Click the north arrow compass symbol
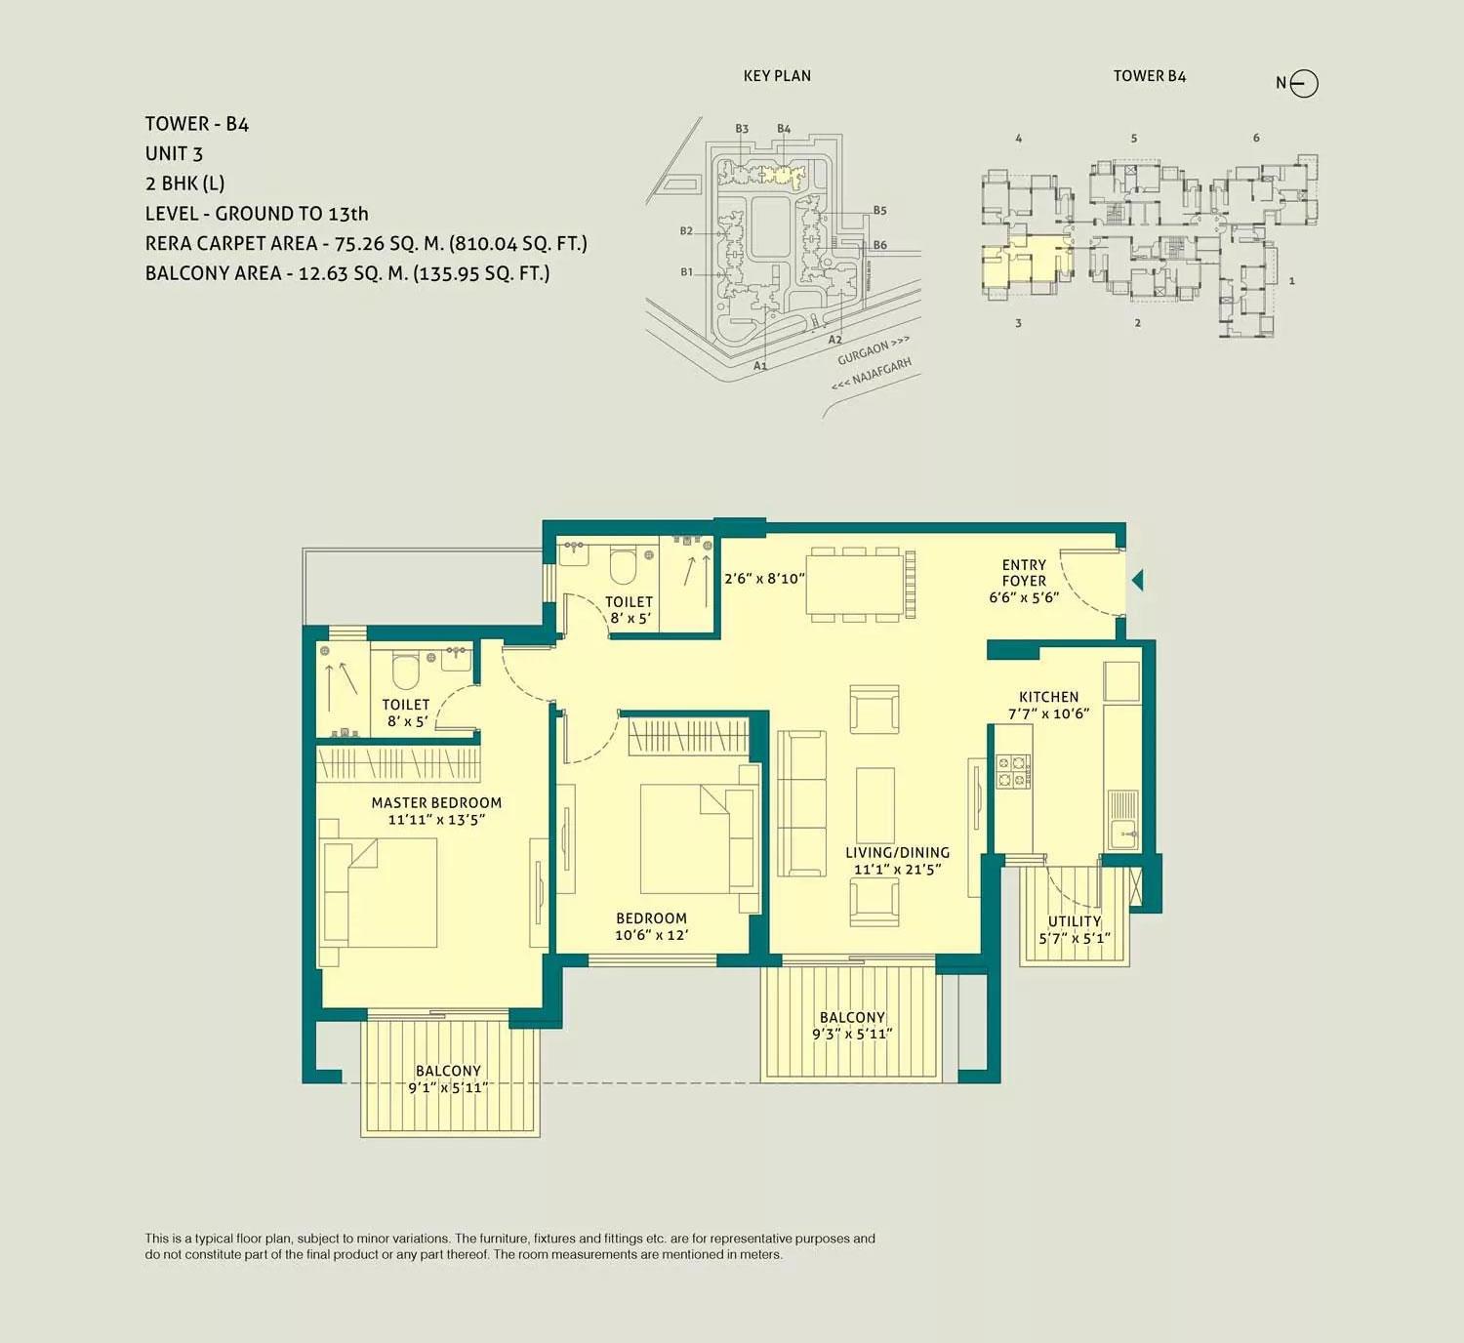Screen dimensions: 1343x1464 click(x=1304, y=84)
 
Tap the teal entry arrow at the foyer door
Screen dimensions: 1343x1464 click(x=1137, y=581)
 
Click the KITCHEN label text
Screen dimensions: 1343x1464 click(x=1048, y=697)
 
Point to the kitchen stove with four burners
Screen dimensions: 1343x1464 click(x=1012, y=771)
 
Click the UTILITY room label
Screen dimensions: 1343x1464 click(x=1074, y=921)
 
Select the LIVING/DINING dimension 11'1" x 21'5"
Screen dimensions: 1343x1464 click(x=897, y=870)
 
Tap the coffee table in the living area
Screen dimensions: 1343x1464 click(x=874, y=798)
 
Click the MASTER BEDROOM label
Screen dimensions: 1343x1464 click(x=436, y=803)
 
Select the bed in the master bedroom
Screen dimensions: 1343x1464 click(x=381, y=893)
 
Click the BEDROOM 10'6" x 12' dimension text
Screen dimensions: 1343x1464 click(x=651, y=935)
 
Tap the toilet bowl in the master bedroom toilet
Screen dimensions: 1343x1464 click(x=405, y=671)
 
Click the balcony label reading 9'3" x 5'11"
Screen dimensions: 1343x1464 click(x=852, y=1034)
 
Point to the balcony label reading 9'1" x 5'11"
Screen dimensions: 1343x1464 click(x=448, y=1087)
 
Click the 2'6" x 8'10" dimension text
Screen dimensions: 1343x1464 click(x=764, y=579)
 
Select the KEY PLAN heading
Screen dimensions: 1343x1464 click(x=777, y=76)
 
